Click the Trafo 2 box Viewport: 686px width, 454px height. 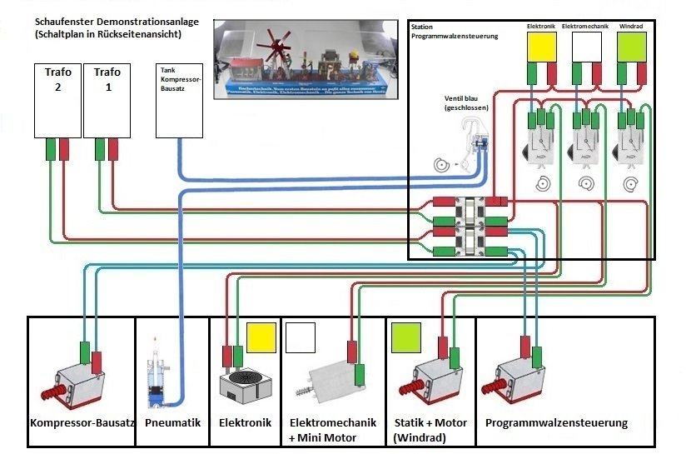point(57,100)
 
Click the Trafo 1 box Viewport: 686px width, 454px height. point(107,100)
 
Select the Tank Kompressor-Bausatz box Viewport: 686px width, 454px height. point(180,100)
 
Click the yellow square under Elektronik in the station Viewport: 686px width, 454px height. point(541,47)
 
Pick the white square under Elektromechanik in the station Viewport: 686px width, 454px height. point(586,47)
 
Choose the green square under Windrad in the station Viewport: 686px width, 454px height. point(632,47)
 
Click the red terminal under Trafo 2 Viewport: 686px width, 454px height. point(64,149)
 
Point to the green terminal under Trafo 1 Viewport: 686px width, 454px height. point(100,149)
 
